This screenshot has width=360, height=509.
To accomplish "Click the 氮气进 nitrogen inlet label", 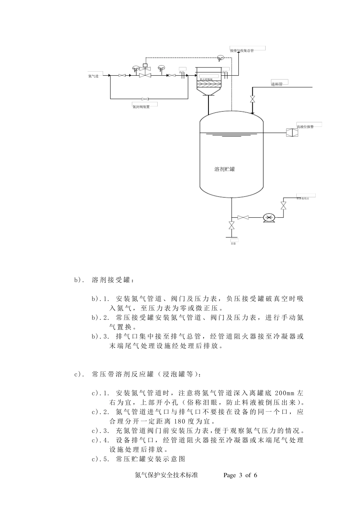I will coord(93,76).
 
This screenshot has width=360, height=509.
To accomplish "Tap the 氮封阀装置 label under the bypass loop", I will coord(141,107).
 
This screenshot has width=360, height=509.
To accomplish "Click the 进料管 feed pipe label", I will coord(277,84).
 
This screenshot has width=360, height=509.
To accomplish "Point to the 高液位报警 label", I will coord(305,127).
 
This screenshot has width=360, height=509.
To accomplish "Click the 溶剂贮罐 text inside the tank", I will coord(225,169).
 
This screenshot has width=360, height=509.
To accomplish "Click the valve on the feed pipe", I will coord(252,100).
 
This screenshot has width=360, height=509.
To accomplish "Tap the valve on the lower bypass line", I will coord(145,98).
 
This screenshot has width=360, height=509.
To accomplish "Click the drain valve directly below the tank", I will coord(231,226).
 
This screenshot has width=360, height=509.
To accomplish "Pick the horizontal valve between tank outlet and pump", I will coord(243,217).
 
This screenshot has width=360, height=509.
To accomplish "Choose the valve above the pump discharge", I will coord(283,205).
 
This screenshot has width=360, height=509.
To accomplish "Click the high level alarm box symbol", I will coord(292,133).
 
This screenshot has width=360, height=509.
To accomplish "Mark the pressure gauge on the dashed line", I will coord(220,59).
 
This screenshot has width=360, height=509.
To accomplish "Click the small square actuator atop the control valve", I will coord(145,66).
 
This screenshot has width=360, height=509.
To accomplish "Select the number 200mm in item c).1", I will coord(284,392).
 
